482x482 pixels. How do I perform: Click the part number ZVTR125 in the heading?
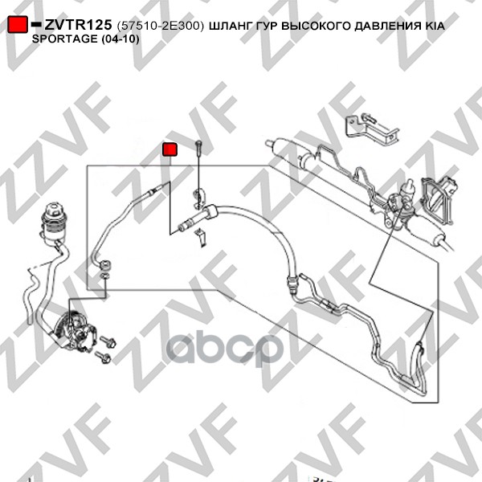pos(78,25)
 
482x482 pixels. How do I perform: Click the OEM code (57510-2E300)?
pos(161,27)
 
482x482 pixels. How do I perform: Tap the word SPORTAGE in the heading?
pos(64,39)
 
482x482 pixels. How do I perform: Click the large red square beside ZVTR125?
pos(18,24)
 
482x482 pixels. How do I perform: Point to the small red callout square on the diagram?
pos(170,149)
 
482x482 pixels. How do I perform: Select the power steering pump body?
pos(76,329)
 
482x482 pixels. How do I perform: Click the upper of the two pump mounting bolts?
pos(108,341)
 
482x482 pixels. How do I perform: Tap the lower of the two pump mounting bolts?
pos(103,357)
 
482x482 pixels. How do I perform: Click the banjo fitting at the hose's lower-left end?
pos(105,265)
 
